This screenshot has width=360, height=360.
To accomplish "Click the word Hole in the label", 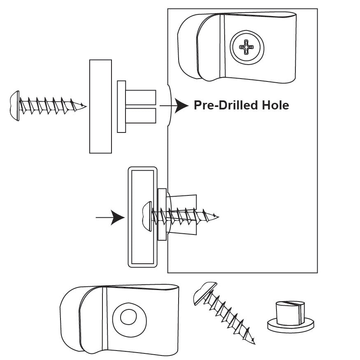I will tap(275, 105).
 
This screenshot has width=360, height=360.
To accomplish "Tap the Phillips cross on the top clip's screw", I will tap(247, 46).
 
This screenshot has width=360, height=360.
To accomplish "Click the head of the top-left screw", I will tap(14, 105).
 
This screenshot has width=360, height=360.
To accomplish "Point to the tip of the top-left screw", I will tap(86, 106).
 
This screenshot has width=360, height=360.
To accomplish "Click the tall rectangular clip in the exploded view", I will tap(100, 106).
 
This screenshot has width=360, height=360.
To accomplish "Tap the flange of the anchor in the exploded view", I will tap(121, 107).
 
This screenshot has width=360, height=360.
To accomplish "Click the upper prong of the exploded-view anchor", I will tap(141, 97).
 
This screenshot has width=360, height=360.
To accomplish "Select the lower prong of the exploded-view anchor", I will tap(141, 116).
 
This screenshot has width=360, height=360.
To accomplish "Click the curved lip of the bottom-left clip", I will tap(74, 321).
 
